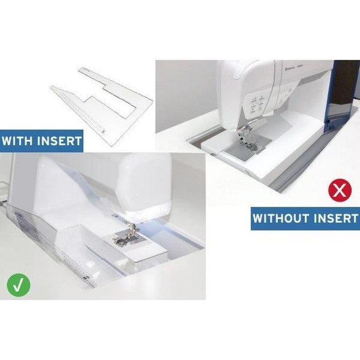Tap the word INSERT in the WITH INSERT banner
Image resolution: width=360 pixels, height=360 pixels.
click(x=60, y=140)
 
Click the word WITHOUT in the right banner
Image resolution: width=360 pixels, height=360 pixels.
click(x=283, y=218)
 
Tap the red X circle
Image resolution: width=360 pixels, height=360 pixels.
click(x=339, y=193)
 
